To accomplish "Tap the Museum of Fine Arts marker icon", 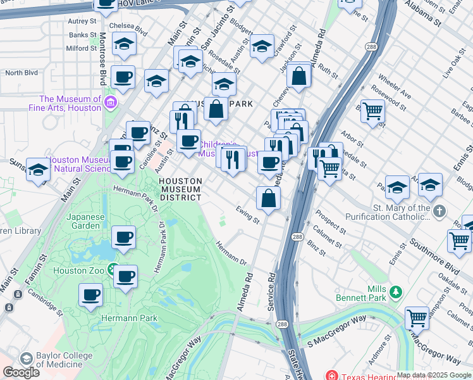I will pyautogui.click(x=111, y=102).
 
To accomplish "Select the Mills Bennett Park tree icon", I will pyautogui.click(x=396, y=291).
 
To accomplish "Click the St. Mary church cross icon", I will pyautogui.click(x=440, y=212).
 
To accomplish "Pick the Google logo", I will pyautogui.click(x=21, y=372).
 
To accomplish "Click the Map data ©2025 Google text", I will pyautogui.click(x=434, y=375).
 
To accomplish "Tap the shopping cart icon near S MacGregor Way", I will pyautogui.click(x=417, y=317).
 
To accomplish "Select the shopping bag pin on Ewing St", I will pyautogui.click(x=269, y=198).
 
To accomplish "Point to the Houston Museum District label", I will pyautogui.click(x=180, y=189).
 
